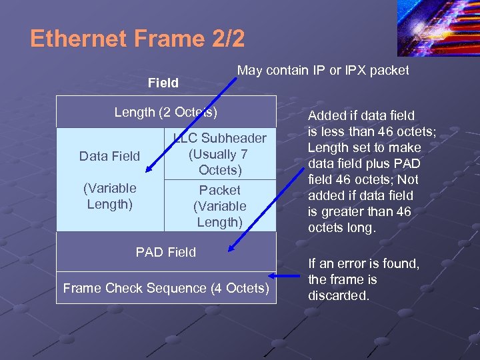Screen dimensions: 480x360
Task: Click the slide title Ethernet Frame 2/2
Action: [137, 39]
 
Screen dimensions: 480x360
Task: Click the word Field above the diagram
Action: [163, 83]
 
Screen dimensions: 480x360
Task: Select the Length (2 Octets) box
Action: [166, 112]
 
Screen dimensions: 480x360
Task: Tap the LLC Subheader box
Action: [219, 154]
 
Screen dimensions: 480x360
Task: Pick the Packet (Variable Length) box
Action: [219, 206]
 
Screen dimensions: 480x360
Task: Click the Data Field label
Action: [109, 156]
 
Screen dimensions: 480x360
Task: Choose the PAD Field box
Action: [166, 252]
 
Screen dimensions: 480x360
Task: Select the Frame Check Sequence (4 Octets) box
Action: [166, 288]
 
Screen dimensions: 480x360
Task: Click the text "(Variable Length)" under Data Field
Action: [109, 195]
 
